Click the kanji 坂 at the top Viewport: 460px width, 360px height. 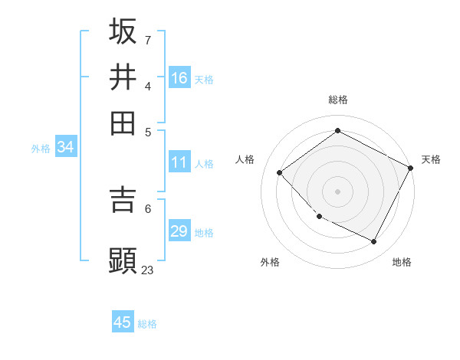coord(123,31)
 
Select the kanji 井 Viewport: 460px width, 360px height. coord(123,77)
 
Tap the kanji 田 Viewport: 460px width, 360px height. coord(123,123)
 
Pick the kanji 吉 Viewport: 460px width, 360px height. coord(123,198)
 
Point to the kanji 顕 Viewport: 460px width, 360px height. coord(123,260)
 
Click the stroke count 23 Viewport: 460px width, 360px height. coord(148,270)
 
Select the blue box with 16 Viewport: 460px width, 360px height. coord(179,78)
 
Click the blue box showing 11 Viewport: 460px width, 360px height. coord(179,162)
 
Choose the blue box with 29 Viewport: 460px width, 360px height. coord(179,231)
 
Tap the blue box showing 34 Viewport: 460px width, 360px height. coord(65,147)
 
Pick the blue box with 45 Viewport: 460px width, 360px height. coord(123,322)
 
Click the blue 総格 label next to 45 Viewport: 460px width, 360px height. coord(147,324)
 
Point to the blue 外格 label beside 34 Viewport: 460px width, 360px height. coord(41,149)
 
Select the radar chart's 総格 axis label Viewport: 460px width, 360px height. coord(338,100)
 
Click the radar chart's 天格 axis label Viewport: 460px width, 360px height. coord(431,159)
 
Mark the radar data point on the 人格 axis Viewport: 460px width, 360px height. coord(280,173)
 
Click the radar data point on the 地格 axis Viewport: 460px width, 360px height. coord(374,242)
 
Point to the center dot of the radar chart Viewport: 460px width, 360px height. coord(338,191)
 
